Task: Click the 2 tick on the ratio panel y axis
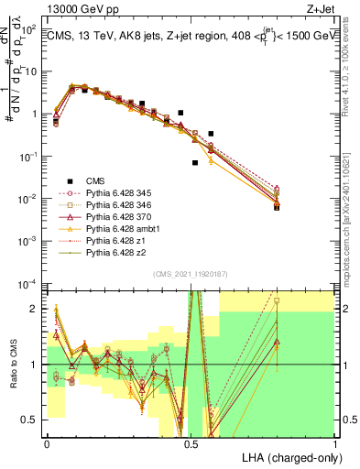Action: click(x=36, y=310)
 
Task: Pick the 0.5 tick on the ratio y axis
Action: click(x=32, y=420)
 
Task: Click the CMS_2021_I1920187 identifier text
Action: click(x=191, y=274)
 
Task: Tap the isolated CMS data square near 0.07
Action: click(x=195, y=163)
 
